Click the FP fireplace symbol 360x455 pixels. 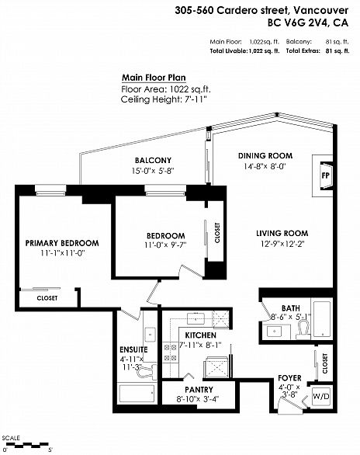tap(326, 175)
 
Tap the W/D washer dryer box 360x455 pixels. tap(321, 396)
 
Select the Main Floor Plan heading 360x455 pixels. tap(154, 78)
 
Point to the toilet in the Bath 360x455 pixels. tap(303, 330)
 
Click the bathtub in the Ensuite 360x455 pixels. tap(137, 394)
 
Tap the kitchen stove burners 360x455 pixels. tap(170, 353)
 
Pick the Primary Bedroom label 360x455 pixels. tap(62, 243)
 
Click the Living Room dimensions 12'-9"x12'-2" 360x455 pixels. tap(282, 244)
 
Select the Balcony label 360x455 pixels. tap(153, 160)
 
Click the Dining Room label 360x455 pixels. tap(265, 156)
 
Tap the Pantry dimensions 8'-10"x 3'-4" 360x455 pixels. tap(198, 399)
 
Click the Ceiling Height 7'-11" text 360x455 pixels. tap(164, 99)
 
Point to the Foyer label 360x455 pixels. tap(289, 378)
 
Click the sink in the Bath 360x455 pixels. tap(274, 332)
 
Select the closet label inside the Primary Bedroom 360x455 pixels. tap(47, 298)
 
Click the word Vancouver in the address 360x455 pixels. tap(321, 10)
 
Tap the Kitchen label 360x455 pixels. tap(201, 335)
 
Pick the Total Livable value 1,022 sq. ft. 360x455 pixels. tap(264, 51)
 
